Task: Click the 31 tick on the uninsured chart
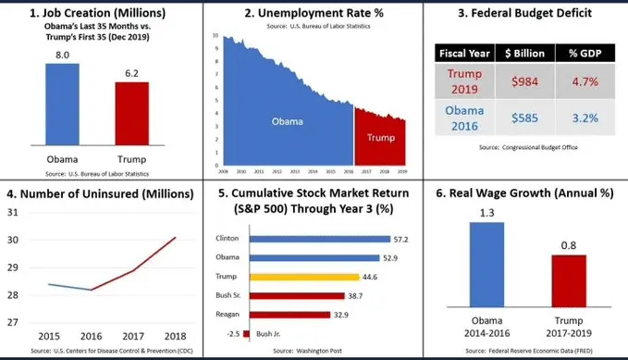(13, 213)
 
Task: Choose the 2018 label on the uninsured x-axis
(176, 336)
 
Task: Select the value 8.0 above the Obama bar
(63, 56)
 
